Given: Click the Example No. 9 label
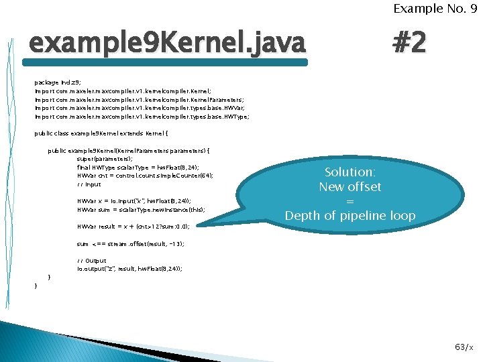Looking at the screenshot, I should click(435, 9).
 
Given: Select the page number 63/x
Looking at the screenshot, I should click(463, 347).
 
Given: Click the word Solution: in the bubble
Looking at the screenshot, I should click(350, 172).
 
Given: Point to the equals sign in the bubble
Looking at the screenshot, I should click(350, 201).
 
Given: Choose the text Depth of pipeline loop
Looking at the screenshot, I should click(350, 216).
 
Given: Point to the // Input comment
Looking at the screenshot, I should click(89, 184).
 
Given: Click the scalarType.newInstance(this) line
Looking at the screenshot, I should click(142, 210).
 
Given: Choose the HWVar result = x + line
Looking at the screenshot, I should click(133, 227).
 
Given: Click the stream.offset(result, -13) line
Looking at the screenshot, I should click(131, 244).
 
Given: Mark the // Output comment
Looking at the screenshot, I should click(92, 260).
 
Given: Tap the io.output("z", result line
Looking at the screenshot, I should click(129, 268).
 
